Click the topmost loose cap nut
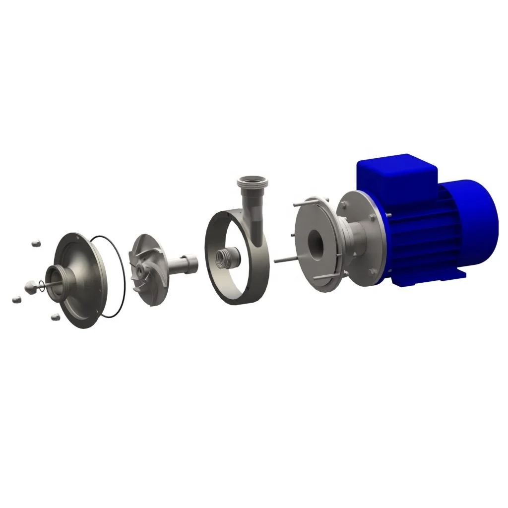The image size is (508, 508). click(x=35, y=244)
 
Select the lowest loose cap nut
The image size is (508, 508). click(x=54, y=315)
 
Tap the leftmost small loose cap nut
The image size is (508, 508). click(x=16, y=299)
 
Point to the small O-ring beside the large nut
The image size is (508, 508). click(x=44, y=285)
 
